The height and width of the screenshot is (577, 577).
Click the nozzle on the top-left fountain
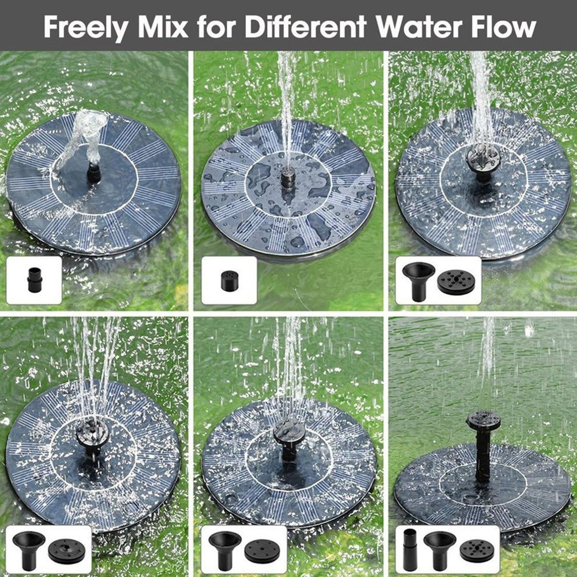pos(93,172)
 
